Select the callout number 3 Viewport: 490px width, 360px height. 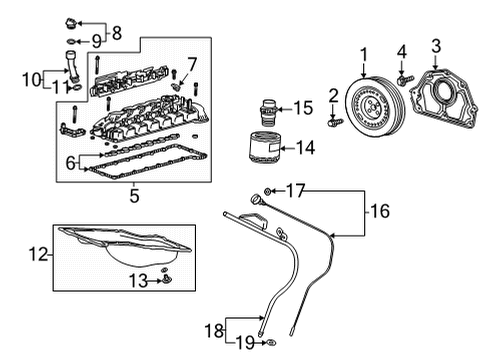(x=435, y=44)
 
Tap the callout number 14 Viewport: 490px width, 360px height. (x=305, y=147)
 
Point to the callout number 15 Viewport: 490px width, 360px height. (x=304, y=108)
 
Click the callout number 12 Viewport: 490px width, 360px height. (x=39, y=255)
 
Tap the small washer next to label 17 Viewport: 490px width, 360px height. (x=269, y=190)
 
